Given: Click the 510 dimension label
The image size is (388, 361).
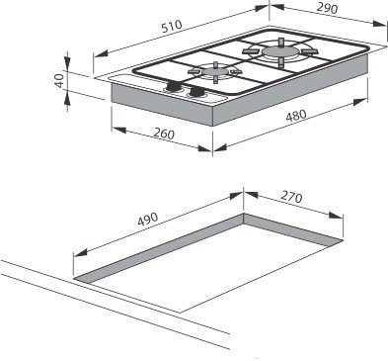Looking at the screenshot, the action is tap(172, 27).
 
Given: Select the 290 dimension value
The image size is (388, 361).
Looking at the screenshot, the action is tap(327, 9).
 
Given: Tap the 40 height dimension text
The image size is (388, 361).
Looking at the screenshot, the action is tap(59, 80).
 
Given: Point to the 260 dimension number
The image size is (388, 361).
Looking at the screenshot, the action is tap(164, 134).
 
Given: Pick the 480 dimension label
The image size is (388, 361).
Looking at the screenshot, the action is tap(296, 116).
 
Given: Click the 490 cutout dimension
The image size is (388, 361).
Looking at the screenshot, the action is tap(148, 219).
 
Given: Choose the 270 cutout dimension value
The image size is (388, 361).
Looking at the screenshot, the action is tap(291, 197).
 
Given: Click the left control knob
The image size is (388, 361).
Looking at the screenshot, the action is tap(173, 87).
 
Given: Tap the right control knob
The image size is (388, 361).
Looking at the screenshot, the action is tap(197, 92).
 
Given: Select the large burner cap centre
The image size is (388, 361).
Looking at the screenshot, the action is tap(280, 51).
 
